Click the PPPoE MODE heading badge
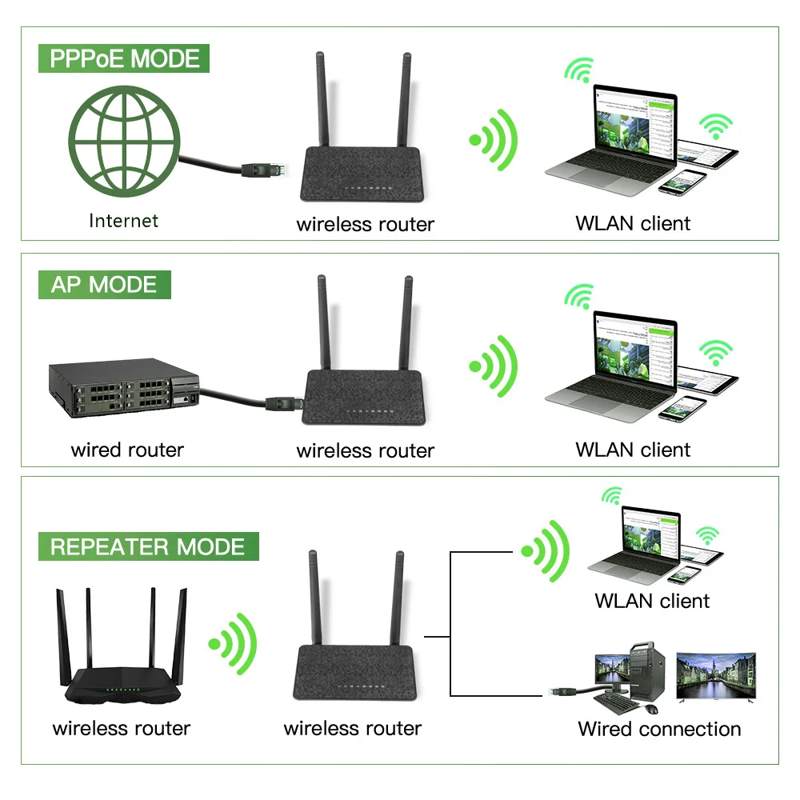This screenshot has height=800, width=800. (124, 59)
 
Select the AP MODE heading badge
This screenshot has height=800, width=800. (104, 285)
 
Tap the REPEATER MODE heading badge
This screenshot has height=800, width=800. (147, 547)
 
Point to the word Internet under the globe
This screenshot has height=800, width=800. (123, 221)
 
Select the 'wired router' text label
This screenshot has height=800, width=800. (127, 450)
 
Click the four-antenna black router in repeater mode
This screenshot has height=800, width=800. (122, 656)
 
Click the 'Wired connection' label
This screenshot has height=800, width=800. (659, 729)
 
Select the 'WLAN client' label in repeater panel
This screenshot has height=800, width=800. (652, 601)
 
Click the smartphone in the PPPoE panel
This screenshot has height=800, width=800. (682, 182)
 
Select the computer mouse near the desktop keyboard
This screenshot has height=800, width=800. (652, 710)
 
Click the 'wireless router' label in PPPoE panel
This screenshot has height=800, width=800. (365, 224)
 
